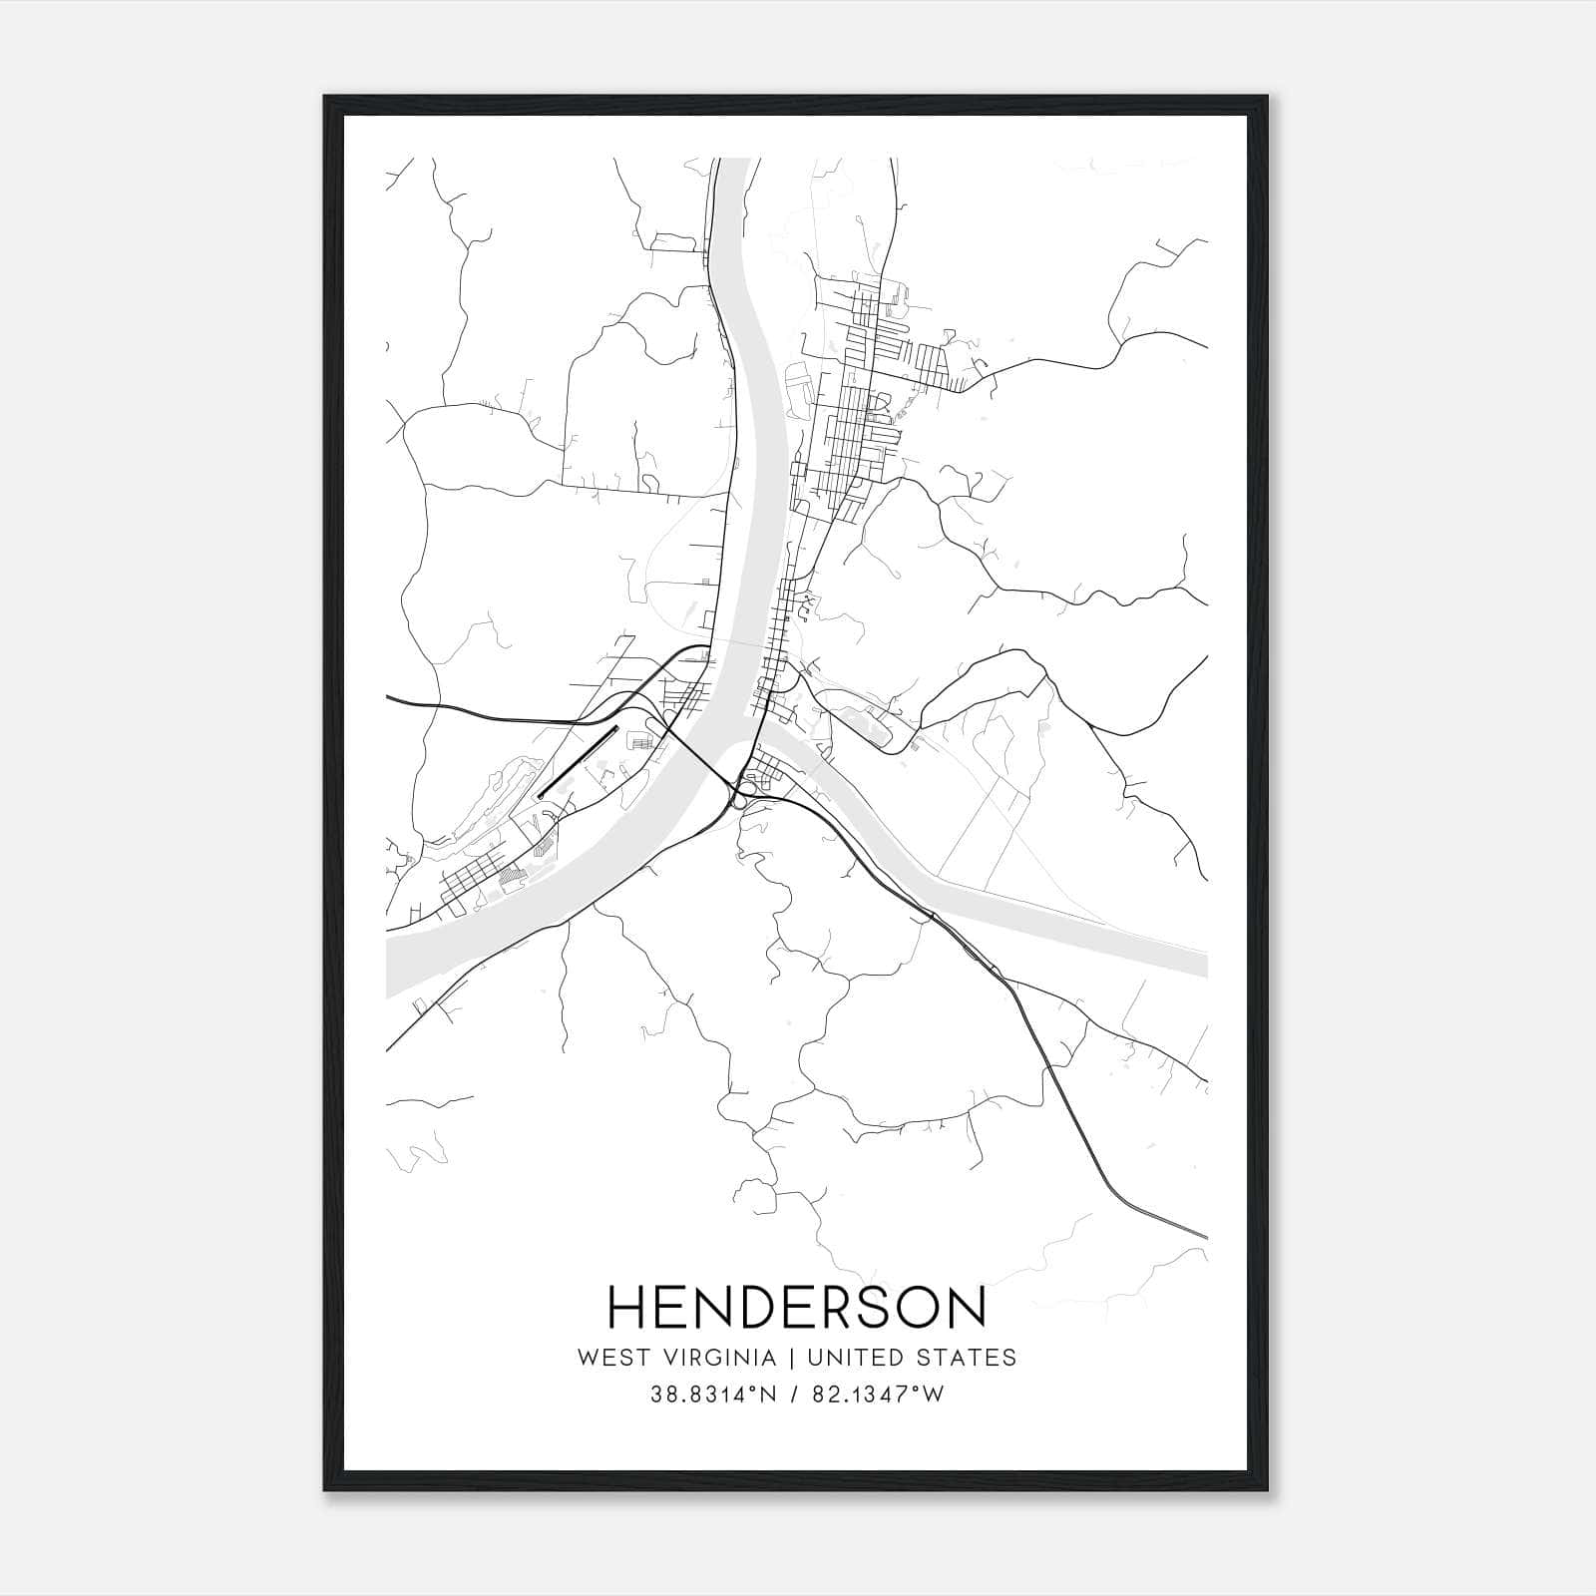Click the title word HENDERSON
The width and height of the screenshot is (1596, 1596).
coord(797,1308)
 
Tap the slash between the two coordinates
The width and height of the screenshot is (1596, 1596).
coord(794,1395)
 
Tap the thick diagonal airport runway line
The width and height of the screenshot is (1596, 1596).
coord(577,762)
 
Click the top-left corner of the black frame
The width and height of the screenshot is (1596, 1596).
coord(325,97)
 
